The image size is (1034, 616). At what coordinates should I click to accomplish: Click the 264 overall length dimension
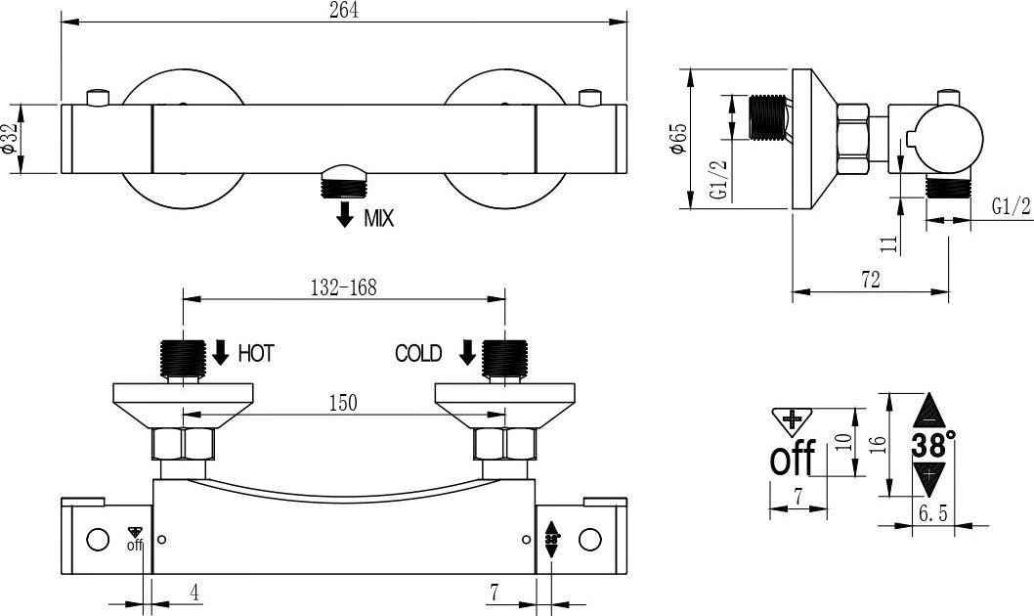pos(344,11)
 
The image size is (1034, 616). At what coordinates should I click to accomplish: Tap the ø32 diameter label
pos(9,138)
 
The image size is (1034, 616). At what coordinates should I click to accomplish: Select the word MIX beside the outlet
pos(378,218)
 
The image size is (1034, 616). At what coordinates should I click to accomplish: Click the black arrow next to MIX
pos(345,214)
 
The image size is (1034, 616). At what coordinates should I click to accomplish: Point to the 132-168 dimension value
pos(343,287)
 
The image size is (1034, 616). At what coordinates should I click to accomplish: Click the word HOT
pos(256,354)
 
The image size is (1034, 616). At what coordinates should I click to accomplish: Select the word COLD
pos(418,354)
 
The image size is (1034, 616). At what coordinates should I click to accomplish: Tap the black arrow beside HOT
pos(221,352)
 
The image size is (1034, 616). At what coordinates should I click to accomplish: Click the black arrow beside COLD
pos(467,352)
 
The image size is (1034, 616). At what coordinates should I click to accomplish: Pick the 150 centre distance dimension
pos(343,402)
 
